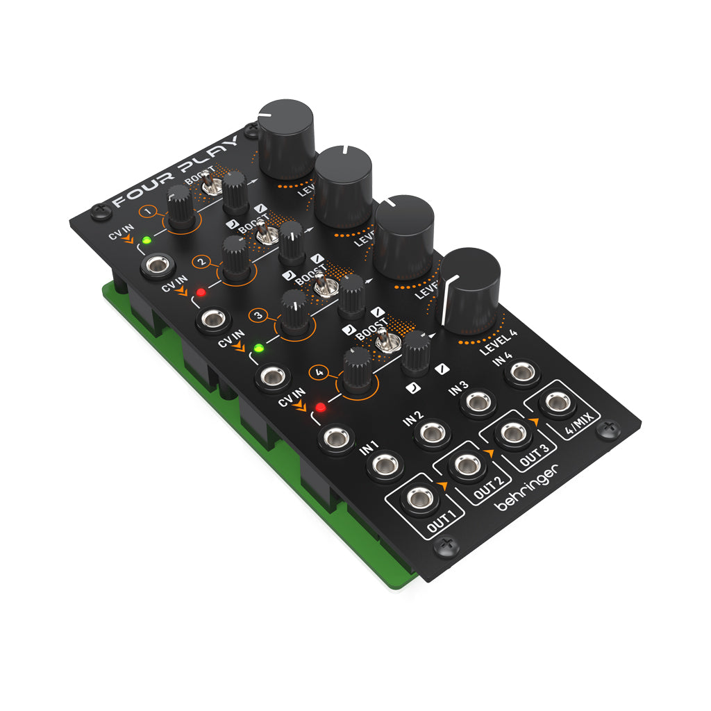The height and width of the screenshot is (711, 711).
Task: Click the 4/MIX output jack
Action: pos(556,402)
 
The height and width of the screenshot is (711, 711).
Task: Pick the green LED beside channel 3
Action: pos(259,347)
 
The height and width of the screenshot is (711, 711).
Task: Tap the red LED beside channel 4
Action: pos(320,406)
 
